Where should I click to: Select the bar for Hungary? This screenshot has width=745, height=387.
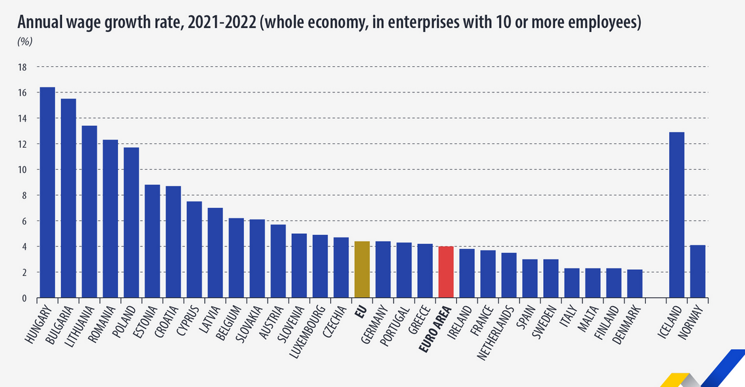click(47, 193)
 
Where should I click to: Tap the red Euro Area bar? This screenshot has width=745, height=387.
click(446, 272)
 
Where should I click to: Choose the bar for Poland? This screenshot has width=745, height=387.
click(131, 223)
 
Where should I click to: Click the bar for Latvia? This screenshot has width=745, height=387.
click(215, 253)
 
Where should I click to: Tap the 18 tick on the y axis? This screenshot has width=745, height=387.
click(24, 67)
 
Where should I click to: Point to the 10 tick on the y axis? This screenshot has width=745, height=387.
click(24, 170)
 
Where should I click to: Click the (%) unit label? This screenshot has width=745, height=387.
click(24, 42)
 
